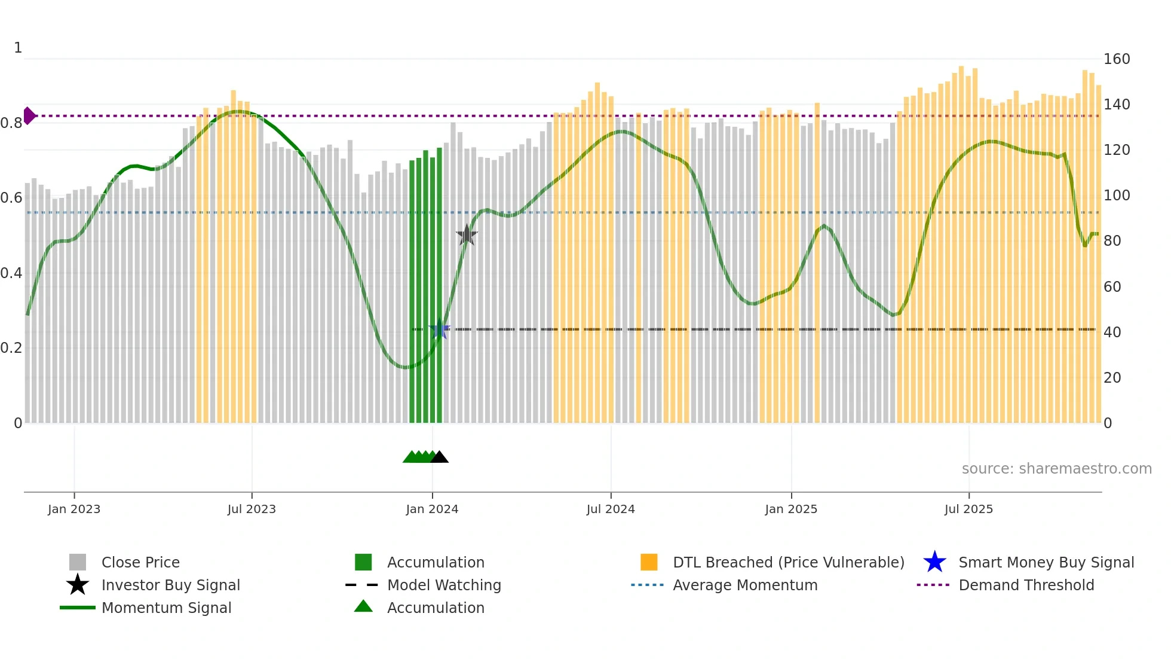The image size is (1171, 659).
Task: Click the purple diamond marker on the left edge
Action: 29,115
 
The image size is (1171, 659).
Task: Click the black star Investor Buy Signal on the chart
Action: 467,235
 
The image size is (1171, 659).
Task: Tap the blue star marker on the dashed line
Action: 440,329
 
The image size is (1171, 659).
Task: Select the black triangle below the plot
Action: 440,457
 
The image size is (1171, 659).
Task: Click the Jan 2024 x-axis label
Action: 432,509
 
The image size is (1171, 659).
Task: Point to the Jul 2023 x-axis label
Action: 252,509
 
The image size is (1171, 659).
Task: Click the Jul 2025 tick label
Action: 968,509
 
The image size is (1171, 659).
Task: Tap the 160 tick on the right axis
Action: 1116,59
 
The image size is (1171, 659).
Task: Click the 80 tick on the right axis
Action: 1112,241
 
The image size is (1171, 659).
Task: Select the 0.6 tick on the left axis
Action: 11,198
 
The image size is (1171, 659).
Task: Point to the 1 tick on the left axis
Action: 18,48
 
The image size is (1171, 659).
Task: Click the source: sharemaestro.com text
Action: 1056,468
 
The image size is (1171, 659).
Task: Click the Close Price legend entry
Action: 140,562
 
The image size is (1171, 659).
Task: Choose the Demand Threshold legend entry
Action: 1026,585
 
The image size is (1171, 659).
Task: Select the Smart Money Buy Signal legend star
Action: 934,562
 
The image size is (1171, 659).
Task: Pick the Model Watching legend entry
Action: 444,585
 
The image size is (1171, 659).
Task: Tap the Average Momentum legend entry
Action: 745,585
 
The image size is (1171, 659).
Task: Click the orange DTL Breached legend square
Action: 649,562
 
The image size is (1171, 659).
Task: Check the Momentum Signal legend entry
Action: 166,608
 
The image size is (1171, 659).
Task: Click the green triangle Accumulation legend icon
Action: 363,606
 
